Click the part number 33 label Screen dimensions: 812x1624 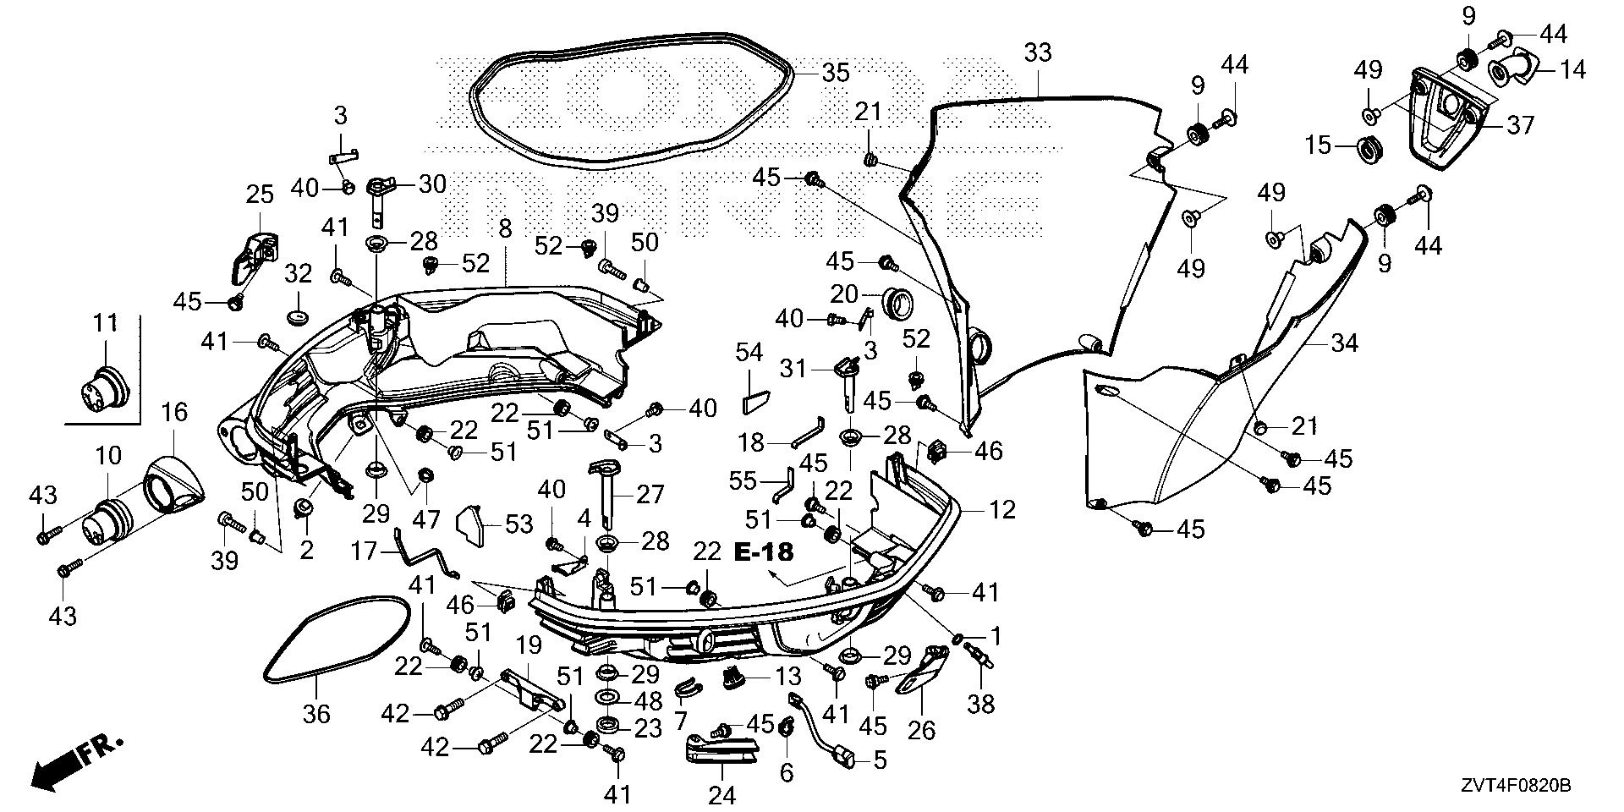1038,52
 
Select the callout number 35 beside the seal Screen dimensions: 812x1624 836,73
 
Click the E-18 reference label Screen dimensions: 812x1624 764,552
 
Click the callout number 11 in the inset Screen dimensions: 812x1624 106,323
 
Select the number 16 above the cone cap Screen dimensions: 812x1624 174,413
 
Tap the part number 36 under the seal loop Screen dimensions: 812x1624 317,714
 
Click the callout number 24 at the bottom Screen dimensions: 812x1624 722,795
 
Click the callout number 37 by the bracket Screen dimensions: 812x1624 1520,126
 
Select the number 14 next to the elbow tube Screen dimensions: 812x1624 1572,69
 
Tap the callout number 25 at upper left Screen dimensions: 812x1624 260,195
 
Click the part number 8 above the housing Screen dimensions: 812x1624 505,229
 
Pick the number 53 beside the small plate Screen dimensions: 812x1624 519,524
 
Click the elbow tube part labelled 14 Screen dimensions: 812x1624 1510,72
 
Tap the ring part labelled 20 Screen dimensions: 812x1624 898,300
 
